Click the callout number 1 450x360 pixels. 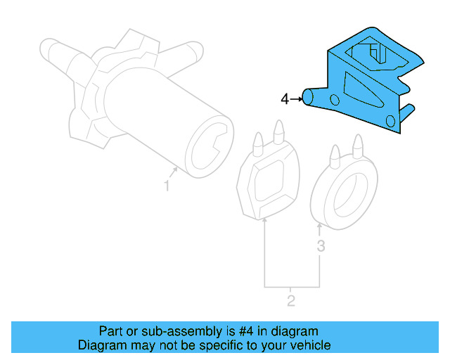click(x=167, y=186)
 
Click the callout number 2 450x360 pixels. click(x=290, y=302)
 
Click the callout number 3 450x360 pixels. click(x=321, y=246)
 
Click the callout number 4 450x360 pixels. click(x=284, y=99)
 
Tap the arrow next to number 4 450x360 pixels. click(x=296, y=99)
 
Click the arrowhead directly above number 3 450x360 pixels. click(x=320, y=226)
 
